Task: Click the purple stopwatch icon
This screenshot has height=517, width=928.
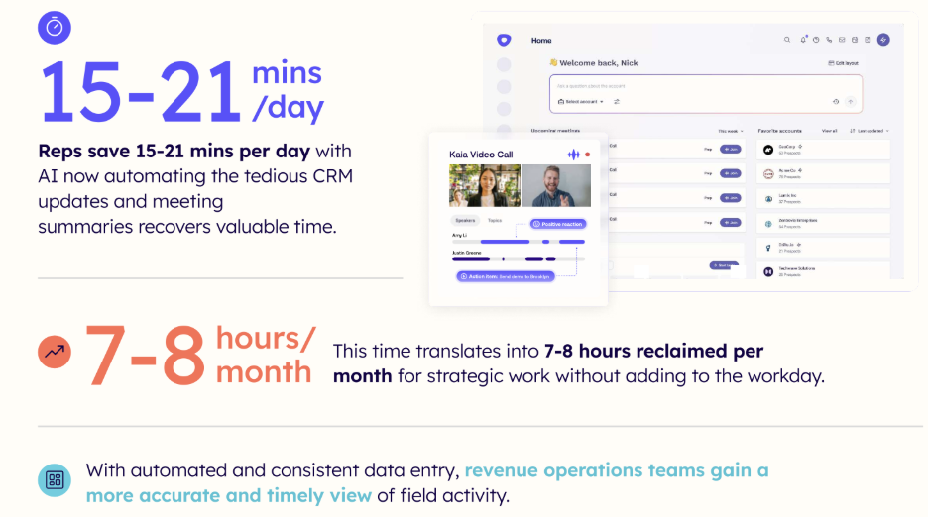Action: coord(55,28)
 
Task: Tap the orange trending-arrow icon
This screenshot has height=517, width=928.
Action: coord(55,351)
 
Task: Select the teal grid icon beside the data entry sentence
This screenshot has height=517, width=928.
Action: coord(55,480)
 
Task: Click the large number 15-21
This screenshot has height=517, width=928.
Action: coord(140,92)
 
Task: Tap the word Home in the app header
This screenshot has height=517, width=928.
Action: coord(541,41)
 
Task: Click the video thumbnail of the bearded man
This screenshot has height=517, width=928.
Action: coord(555,185)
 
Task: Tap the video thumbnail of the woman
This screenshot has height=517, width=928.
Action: coord(484,185)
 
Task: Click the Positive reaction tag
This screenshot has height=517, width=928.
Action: coord(558,224)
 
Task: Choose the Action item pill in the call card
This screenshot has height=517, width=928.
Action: coord(505,276)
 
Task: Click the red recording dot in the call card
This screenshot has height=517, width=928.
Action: coord(587,155)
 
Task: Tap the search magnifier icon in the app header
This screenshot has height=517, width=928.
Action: coord(788,40)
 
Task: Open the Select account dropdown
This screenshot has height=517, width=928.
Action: coord(581,101)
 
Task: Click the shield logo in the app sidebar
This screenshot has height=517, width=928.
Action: coord(504,41)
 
